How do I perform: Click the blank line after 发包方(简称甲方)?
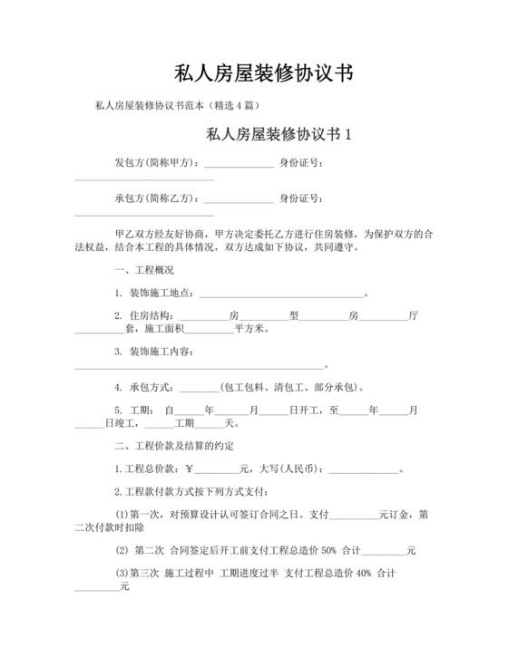pos(239,166)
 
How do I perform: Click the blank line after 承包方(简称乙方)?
pos(239,200)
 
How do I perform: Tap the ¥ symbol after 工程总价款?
pos(189,469)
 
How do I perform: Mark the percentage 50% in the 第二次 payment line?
pos(328,550)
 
